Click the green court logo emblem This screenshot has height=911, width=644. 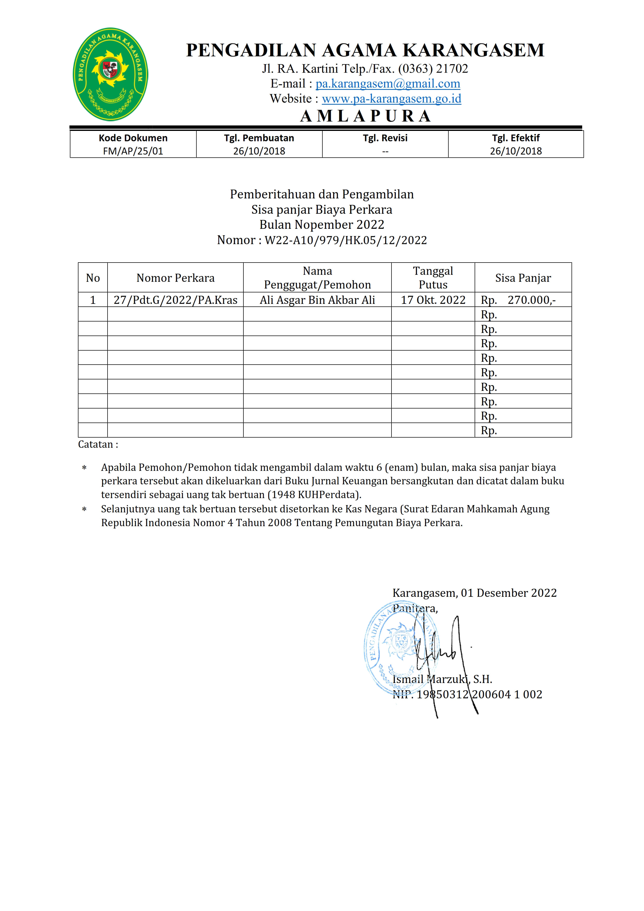tap(110, 74)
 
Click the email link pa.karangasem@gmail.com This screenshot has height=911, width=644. tap(387, 84)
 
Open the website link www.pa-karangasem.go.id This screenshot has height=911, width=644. tap(391, 99)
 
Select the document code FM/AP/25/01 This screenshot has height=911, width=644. tap(133, 151)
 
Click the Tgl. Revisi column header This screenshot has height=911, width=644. tap(385, 138)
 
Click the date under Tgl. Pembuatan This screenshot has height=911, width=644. tap(259, 151)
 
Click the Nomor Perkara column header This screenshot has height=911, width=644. tap(175, 278)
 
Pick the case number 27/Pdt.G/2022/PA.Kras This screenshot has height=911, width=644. tap(175, 300)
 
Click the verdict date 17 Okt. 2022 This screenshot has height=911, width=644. tap(433, 300)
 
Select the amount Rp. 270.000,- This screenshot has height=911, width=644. tap(518, 300)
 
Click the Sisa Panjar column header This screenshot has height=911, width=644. tap(523, 278)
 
